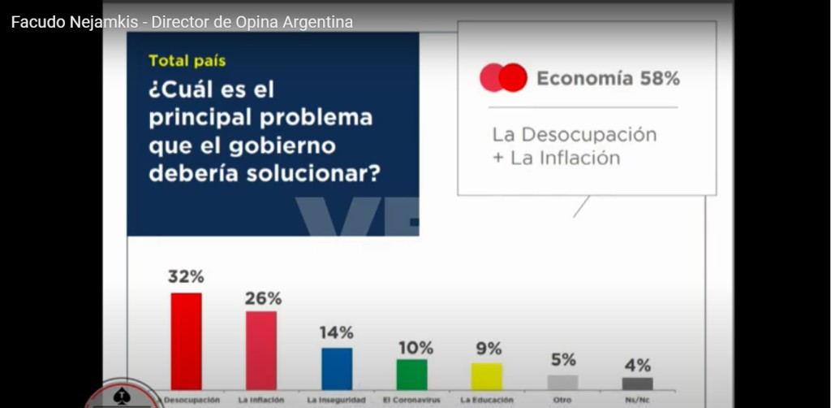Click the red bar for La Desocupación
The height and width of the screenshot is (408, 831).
186,341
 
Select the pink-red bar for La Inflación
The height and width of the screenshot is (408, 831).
261,350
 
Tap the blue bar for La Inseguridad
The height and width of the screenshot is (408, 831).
337,369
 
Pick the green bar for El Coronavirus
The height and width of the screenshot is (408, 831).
411,375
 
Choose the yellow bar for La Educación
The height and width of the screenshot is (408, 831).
487,376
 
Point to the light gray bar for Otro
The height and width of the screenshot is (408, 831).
563,383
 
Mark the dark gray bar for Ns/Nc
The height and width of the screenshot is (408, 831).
638,384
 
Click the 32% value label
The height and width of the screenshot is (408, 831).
186,276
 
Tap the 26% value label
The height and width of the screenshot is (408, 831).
263,299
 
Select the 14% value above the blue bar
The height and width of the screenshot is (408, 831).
337,332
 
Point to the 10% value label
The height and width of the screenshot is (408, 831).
415,348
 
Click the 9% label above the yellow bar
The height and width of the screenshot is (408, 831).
488,349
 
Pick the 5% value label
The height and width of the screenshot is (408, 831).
563,360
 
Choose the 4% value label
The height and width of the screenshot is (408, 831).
638,365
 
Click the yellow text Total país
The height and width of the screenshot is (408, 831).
187,61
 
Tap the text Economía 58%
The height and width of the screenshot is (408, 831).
608,79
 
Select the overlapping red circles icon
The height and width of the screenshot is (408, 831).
503,77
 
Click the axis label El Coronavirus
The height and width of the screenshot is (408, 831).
411,400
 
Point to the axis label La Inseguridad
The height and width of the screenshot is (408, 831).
337,400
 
